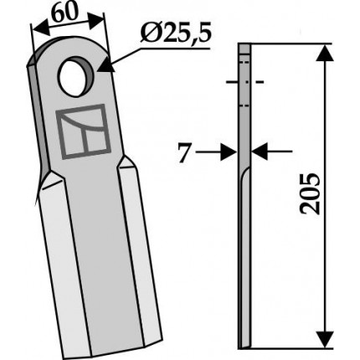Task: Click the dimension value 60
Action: pos(64,13)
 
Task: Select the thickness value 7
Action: pos(184,152)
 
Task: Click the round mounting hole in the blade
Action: pos(75,75)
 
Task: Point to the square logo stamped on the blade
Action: pos(83,131)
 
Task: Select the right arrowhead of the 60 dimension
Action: pos(96,20)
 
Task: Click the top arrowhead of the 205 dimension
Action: pos(325,52)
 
